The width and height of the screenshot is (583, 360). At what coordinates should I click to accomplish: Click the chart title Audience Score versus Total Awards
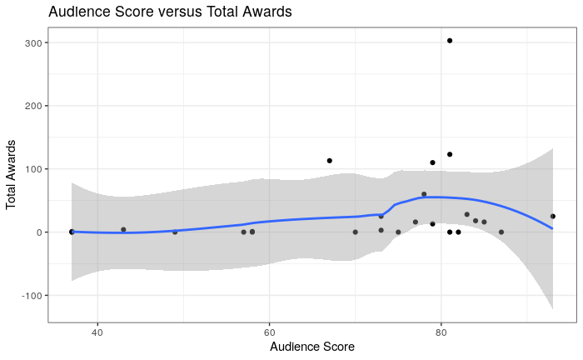(x=170, y=12)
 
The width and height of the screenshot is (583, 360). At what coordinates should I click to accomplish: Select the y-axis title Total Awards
(x=12, y=173)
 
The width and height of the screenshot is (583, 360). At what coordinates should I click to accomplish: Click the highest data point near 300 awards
(x=450, y=40)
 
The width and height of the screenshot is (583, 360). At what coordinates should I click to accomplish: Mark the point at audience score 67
(x=330, y=161)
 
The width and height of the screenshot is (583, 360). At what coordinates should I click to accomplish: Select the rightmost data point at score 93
(x=553, y=217)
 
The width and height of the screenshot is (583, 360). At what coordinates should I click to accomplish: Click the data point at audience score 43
(x=123, y=229)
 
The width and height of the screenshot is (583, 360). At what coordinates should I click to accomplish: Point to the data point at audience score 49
(x=175, y=232)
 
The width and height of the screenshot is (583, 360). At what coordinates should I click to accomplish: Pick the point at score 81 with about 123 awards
(x=450, y=154)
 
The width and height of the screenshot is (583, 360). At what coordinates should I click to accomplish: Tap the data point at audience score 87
(x=501, y=232)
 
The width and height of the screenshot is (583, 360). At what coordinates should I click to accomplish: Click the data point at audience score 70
(x=356, y=232)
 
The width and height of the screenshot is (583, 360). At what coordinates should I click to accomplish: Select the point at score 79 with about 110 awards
(x=432, y=162)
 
